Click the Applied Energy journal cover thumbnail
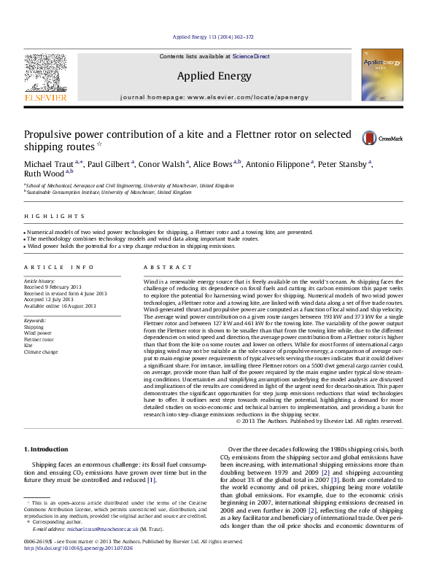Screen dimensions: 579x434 381,80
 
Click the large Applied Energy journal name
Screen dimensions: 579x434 214,76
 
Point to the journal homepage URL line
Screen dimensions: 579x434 214,97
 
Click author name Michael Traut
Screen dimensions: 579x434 51,165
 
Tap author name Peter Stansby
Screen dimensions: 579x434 344,165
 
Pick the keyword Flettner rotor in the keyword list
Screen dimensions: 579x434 39,339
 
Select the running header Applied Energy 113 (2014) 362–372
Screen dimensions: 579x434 212,36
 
